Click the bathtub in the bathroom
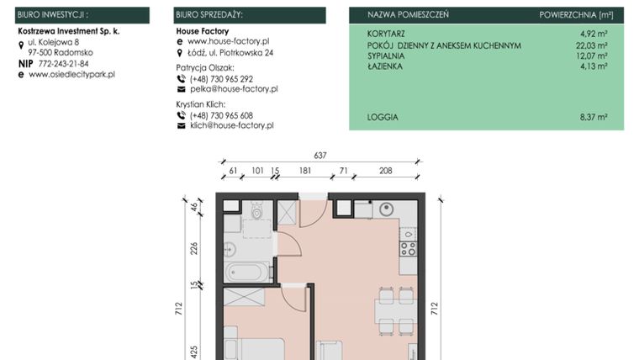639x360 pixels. tap(246, 273)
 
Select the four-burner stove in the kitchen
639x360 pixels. tap(408, 249)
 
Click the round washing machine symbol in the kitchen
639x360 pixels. tap(388, 210)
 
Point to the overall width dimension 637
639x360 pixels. tap(319, 155)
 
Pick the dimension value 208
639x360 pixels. tap(385, 171)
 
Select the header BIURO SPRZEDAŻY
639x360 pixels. tap(210, 15)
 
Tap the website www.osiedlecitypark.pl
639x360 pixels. tap(71, 74)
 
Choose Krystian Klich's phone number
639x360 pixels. tap(221, 114)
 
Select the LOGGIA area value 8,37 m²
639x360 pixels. tap(592, 118)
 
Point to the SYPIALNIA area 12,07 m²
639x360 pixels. tap(590, 56)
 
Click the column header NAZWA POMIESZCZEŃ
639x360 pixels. tap(408, 15)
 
